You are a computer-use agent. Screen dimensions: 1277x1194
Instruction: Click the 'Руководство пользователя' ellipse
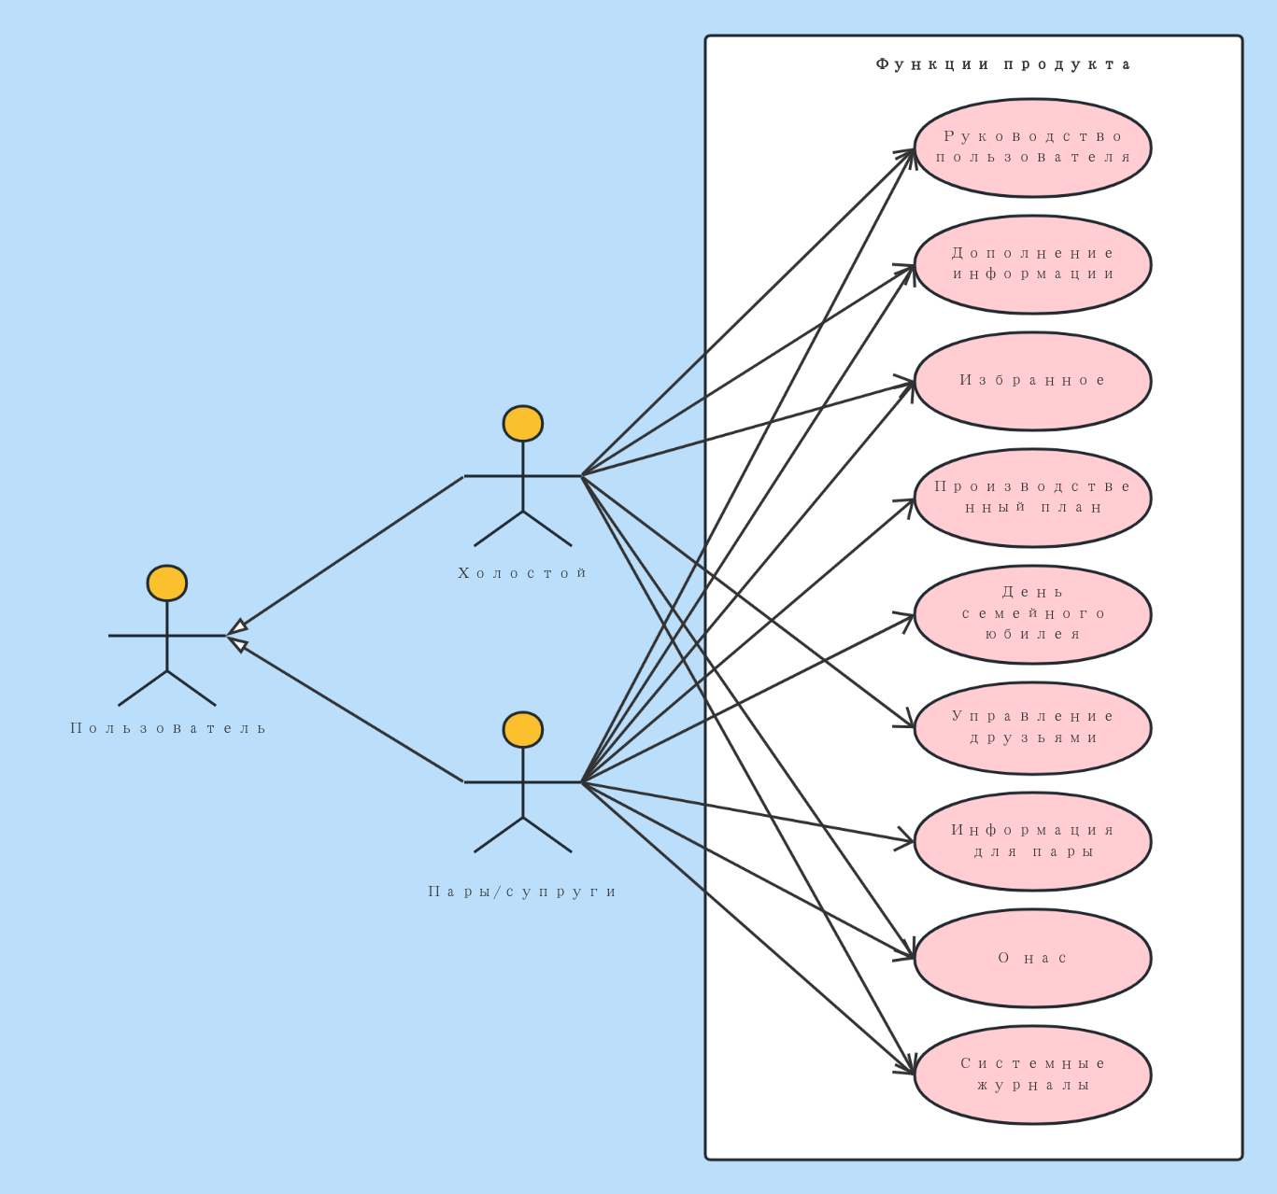tap(1032, 147)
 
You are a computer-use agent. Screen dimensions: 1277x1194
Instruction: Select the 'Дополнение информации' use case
tap(1032, 264)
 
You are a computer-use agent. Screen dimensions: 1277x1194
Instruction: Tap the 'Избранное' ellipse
tap(1032, 381)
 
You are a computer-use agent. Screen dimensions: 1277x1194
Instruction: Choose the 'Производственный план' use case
tap(1032, 498)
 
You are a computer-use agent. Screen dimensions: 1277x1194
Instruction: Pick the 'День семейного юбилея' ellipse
tap(1032, 614)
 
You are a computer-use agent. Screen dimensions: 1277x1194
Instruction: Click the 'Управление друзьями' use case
tap(1032, 728)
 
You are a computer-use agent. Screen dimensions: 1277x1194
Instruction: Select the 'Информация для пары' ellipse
tap(1032, 841)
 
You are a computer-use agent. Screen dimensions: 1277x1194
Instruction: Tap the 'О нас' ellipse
tap(1032, 958)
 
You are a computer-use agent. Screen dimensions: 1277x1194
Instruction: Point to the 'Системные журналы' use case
tap(1032, 1075)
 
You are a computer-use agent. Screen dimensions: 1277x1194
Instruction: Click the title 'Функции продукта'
tap(1003, 64)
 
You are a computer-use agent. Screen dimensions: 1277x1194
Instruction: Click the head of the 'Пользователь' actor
tap(167, 583)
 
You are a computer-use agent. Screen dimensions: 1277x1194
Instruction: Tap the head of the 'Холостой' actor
tap(523, 424)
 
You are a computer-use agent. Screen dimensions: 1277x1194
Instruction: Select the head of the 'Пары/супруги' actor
tap(523, 729)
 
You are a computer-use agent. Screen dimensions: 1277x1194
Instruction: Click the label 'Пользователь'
tap(168, 728)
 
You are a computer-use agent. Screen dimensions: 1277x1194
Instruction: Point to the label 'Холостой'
tap(522, 573)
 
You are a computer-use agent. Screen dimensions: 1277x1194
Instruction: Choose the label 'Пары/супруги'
tap(522, 892)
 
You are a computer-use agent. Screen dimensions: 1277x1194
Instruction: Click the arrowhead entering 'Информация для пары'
tap(904, 840)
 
